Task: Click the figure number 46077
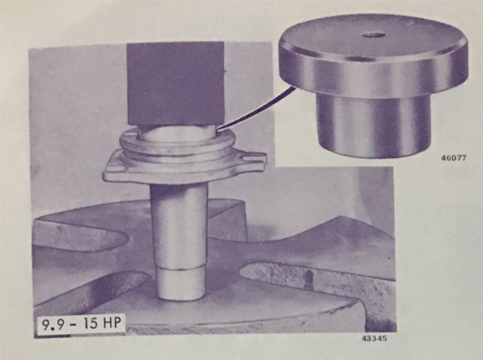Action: click(x=454, y=158)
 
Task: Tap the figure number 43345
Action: click(x=374, y=338)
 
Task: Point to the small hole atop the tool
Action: click(x=373, y=35)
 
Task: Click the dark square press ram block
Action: click(x=175, y=83)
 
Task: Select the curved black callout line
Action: click(x=256, y=109)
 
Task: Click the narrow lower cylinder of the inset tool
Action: click(x=373, y=125)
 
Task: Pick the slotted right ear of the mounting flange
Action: click(x=252, y=158)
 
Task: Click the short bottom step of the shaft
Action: click(x=181, y=284)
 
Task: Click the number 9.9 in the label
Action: click(x=52, y=325)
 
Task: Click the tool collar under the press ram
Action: click(x=175, y=132)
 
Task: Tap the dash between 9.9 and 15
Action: click(x=70, y=326)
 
